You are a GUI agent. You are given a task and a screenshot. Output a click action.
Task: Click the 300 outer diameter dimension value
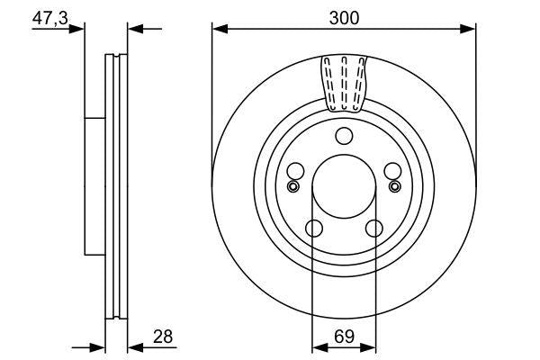[344, 16]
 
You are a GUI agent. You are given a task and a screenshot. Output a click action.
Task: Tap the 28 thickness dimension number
[164, 337]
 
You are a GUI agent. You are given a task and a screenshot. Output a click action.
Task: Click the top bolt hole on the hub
[343, 136]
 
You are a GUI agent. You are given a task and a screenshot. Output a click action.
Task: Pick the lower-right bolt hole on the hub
[373, 229]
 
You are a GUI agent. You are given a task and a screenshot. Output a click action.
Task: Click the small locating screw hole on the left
[291, 186]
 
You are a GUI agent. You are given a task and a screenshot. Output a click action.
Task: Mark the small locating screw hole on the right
[395, 186]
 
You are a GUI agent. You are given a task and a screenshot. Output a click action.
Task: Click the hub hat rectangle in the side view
[94, 185]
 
